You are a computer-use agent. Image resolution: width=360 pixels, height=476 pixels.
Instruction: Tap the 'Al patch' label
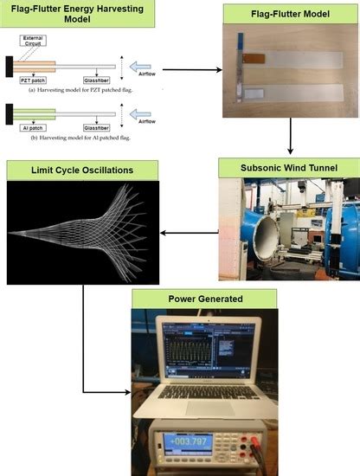pos(31,127)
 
